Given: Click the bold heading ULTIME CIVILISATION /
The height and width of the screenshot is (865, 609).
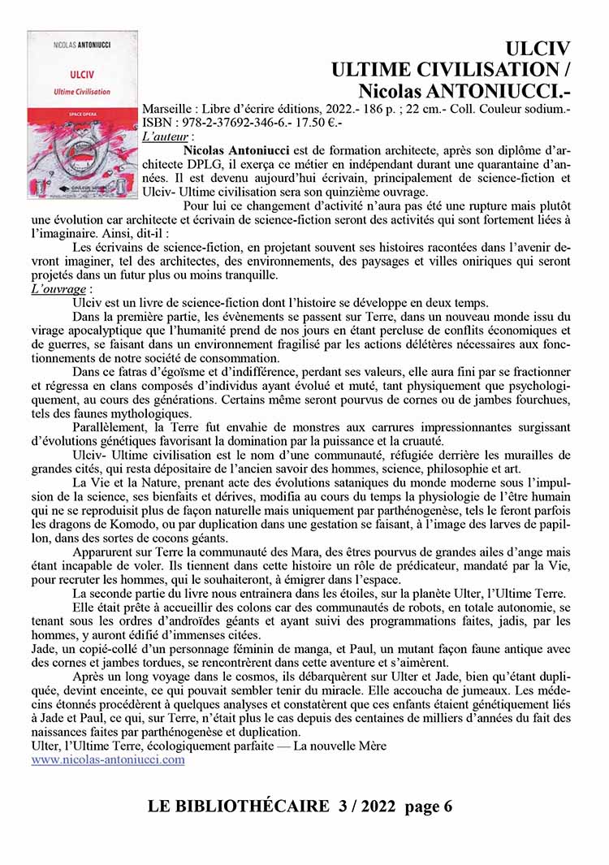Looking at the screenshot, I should click(451, 67).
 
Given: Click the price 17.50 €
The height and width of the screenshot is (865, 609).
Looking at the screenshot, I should click(320, 122).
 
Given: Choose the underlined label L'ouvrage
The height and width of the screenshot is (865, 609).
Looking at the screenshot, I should click(59, 288).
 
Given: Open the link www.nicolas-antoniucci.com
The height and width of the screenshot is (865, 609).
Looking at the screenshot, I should click(108, 760).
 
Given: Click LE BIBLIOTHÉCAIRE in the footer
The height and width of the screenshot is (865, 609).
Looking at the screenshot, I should click(237, 807).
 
